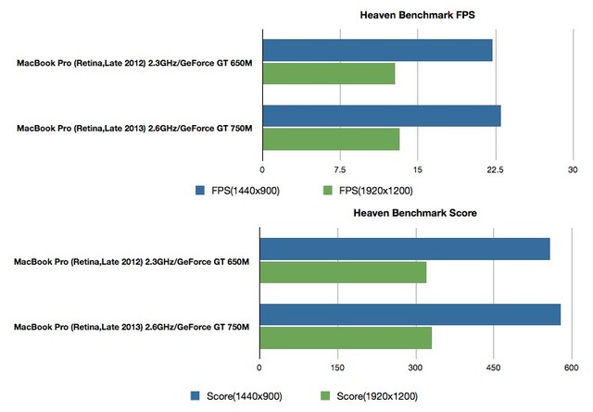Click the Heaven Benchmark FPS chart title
(417, 16)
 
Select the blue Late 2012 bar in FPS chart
(377, 51)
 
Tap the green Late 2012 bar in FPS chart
(329, 74)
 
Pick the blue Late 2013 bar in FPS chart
(382, 116)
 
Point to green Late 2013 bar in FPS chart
(331, 139)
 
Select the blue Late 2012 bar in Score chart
(404, 249)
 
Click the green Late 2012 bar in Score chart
(343, 272)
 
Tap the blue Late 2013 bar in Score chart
(410, 315)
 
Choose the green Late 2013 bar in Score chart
(346, 338)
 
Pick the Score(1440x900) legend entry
(236, 396)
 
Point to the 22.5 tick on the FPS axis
(495, 169)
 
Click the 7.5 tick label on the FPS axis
(340, 169)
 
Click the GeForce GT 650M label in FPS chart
(218, 64)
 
